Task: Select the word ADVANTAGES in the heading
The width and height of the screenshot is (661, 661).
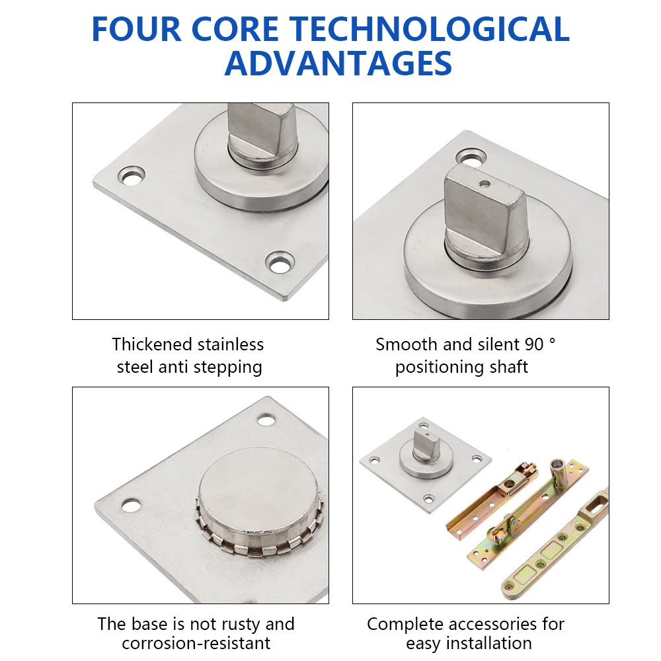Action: pyautogui.click(x=338, y=63)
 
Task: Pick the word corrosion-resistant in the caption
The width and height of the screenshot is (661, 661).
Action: pyautogui.click(x=196, y=643)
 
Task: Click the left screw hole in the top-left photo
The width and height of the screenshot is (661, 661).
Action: pyautogui.click(x=131, y=176)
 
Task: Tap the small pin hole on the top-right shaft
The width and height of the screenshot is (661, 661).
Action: pyautogui.click(x=485, y=184)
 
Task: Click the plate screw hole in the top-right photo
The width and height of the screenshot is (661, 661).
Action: pyautogui.click(x=471, y=157)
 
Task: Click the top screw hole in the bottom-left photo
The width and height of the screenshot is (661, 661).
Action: pyautogui.click(x=266, y=420)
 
